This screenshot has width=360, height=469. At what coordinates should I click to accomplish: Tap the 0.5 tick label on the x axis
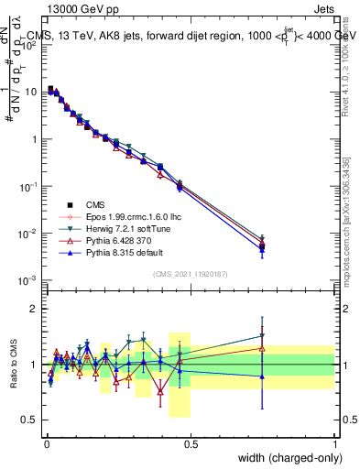coord(191,443)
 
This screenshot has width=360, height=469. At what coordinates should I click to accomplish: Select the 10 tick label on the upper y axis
coord(30,92)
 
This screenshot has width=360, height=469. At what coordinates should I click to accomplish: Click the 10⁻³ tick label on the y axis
coord(28,280)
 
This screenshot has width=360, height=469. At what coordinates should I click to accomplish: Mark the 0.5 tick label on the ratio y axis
coord(30,420)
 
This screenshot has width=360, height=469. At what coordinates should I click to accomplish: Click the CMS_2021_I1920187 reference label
coord(191,274)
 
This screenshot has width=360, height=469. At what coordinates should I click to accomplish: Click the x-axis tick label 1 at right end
coord(334,443)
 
